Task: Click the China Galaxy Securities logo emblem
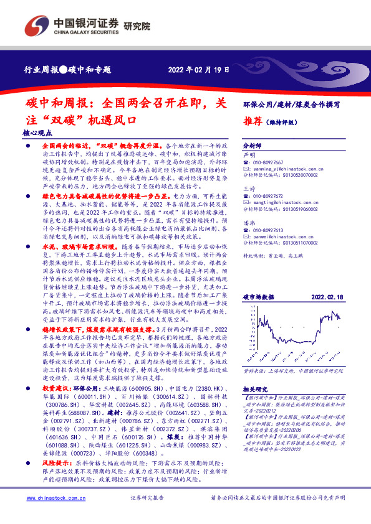click(x=36, y=26)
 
